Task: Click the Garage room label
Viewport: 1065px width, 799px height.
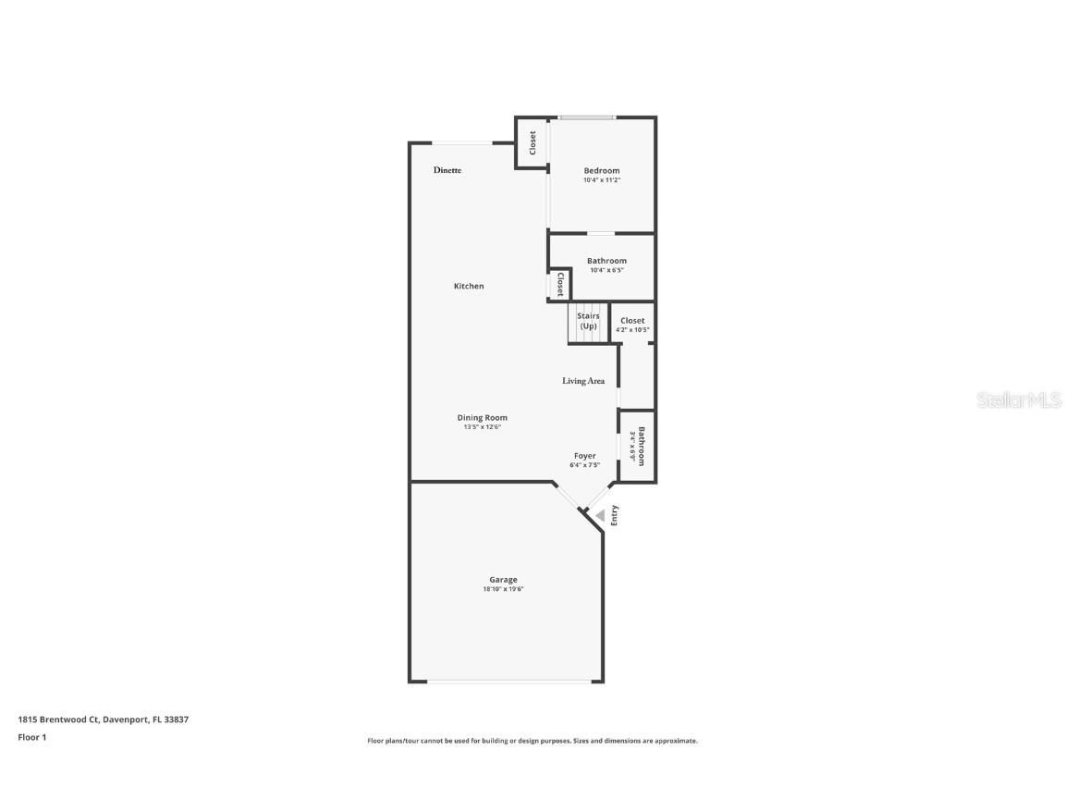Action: coord(503,580)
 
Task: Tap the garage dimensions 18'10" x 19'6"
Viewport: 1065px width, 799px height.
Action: coord(503,589)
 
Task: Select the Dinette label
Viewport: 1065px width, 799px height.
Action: coord(447,170)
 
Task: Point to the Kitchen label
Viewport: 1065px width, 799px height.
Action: coord(469,287)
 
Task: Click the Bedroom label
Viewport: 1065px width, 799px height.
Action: coord(601,170)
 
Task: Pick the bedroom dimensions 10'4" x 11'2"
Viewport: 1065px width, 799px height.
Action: coord(601,180)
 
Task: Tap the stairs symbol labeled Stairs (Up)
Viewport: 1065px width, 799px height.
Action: coord(589,322)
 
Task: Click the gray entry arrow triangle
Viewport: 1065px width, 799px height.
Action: coord(600,515)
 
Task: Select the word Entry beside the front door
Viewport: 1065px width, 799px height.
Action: coord(614,516)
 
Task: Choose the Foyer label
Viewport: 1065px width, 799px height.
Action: coord(584,456)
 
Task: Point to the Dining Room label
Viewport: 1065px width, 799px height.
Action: coord(483,418)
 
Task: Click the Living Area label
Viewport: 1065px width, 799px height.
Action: coord(583,381)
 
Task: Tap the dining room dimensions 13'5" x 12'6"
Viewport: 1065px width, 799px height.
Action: coord(483,427)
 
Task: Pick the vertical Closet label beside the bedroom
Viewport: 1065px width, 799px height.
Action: coord(532,142)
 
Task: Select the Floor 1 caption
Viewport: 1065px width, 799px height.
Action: coord(31,737)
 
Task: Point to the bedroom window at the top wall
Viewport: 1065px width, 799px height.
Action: coord(586,117)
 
